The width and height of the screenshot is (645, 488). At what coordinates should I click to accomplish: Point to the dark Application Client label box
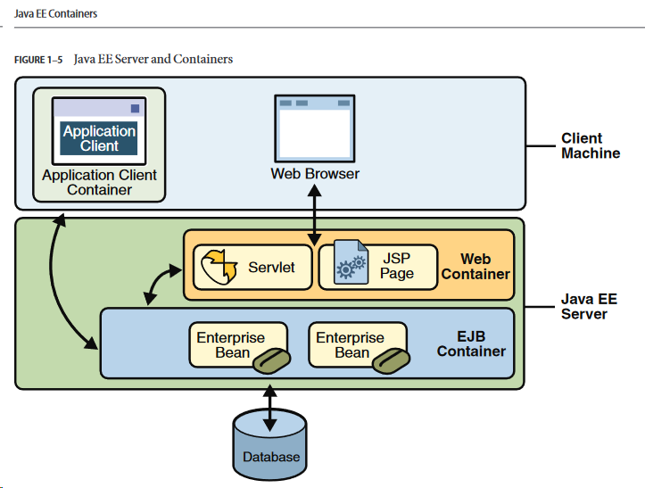point(99,138)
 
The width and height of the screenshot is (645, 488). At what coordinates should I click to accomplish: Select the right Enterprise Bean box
point(358,344)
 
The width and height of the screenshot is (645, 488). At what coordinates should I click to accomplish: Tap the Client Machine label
point(590,145)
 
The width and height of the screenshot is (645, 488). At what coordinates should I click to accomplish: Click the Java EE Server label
point(589,307)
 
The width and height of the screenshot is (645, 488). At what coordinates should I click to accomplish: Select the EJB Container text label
point(471,344)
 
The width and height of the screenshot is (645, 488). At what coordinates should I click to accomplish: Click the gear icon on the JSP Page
point(350,266)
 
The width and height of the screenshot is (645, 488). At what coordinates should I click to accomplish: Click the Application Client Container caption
point(99,182)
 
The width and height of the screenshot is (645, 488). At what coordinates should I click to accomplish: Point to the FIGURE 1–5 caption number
point(37,60)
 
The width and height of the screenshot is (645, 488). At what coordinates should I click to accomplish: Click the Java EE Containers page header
point(56,13)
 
